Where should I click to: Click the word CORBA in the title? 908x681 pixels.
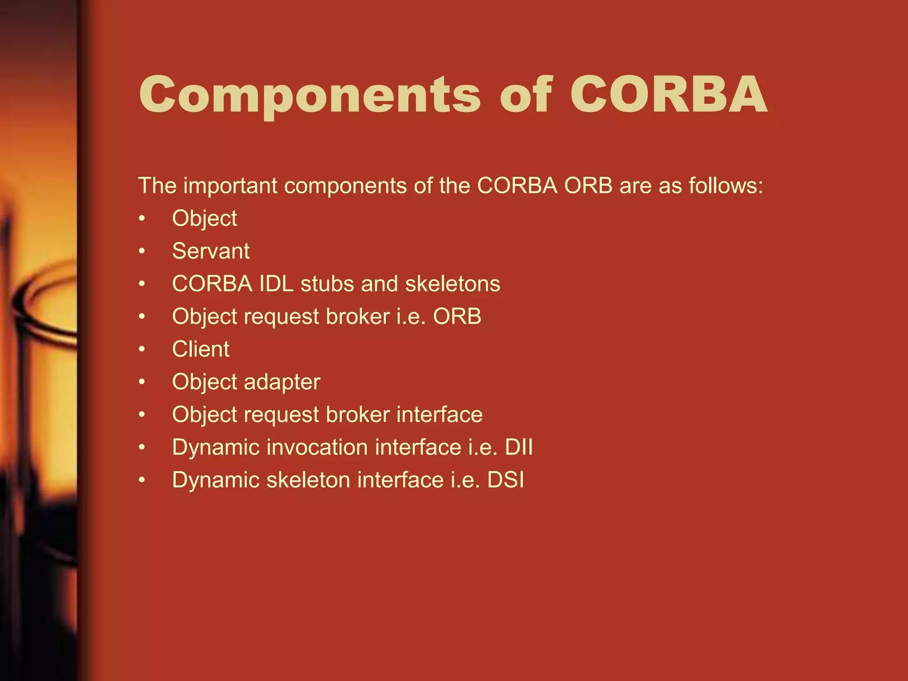(x=668, y=94)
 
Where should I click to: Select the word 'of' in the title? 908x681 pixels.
(x=526, y=94)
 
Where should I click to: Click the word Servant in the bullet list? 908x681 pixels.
(x=211, y=251)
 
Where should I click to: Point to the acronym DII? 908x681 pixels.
(x=519, y=447)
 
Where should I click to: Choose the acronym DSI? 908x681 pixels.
(x=505, y=480)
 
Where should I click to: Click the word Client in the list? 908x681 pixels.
(x=200, y=349)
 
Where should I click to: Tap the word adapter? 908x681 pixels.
(x=282, y=382)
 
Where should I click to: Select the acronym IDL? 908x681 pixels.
(x=276, y=284)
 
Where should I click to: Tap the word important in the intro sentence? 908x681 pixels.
(x=230, y=186)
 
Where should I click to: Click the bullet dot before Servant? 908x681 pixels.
(x=141, y=251)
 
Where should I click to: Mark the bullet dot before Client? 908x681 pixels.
(x=141, y=349)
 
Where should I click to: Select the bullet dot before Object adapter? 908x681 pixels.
(x=141, y=382)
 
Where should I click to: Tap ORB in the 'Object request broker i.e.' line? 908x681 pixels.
(x=457, y=317)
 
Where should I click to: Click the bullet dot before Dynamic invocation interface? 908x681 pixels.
(x=141, y=447)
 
